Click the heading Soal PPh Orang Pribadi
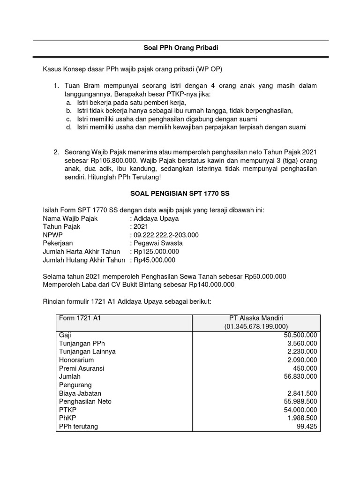[x=180, y=48]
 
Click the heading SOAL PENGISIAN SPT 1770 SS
[x=180, y=193]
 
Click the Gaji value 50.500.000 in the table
[x=300, y=335]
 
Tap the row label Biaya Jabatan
[x=80, y=393]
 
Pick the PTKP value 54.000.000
[x=300, y=410]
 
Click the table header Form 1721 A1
[x=80, y=318]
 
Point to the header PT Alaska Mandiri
[x=256, y=318]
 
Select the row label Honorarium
[x=76, y=360]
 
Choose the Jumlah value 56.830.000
[x=300, y=376]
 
